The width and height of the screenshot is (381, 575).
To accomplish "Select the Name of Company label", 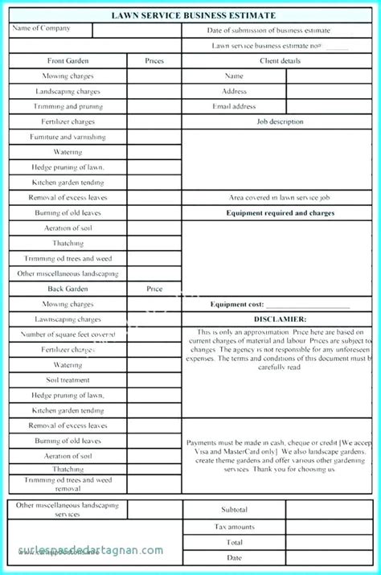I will coord(41,29).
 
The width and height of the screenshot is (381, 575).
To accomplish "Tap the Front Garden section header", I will coord(68,61).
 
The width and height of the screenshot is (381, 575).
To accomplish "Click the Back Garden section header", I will coord(68,289).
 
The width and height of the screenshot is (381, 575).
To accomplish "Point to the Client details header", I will coord(280,61).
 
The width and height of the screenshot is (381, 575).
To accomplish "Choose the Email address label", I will coord(234,106).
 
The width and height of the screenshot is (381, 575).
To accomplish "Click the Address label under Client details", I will coord(234,92).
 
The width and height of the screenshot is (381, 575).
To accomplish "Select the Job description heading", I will coord(280,121).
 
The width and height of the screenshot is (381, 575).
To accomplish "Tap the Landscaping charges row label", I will coord(68,92).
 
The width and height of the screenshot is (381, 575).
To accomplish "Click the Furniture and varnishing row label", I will coord(68,137).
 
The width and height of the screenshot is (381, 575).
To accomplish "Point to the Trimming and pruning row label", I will coord(68,106).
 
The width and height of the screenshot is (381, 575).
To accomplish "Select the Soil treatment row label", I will coord(68,380).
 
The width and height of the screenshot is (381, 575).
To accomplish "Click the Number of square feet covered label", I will coord(68,335).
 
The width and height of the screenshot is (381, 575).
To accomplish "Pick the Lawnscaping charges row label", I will coord(68,319).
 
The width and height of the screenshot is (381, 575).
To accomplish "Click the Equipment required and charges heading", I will coord(280,213).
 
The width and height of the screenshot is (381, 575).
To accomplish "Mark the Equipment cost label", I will coord(237,305).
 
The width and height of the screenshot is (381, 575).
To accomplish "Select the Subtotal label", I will coord(234,510).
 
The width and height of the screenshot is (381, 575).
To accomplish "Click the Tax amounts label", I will coord(234,527).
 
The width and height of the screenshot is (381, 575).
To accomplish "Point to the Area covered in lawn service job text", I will coord(280,198).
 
